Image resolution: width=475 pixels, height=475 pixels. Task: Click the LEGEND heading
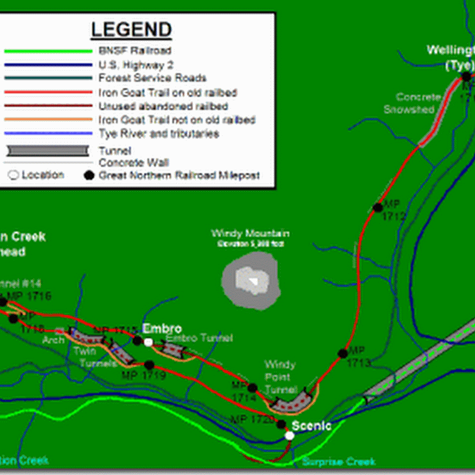[131, 30]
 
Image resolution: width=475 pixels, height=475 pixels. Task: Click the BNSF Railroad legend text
[135, 51]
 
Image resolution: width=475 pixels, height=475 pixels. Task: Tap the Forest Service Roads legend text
[153, 78]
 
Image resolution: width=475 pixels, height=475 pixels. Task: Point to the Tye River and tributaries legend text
[159, 134]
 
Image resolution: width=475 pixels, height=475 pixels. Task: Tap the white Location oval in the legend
[13, 175]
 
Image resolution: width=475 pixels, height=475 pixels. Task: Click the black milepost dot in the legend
[90, 175]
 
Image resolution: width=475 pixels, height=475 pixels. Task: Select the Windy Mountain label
[250, 233]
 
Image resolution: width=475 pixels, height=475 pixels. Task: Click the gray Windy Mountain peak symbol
[250, 279]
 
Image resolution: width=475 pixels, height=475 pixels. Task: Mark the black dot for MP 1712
[378, 207]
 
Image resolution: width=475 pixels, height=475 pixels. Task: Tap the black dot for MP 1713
[343, 353]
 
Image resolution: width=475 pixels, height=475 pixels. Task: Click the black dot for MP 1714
[252, 388]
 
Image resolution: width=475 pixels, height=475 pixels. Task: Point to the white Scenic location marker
[289, 435]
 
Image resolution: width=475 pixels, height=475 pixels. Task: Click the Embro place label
[161, 329]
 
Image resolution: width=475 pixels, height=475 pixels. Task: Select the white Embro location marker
[148, 342]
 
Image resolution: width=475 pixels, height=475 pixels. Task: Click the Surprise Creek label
[338, 462]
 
